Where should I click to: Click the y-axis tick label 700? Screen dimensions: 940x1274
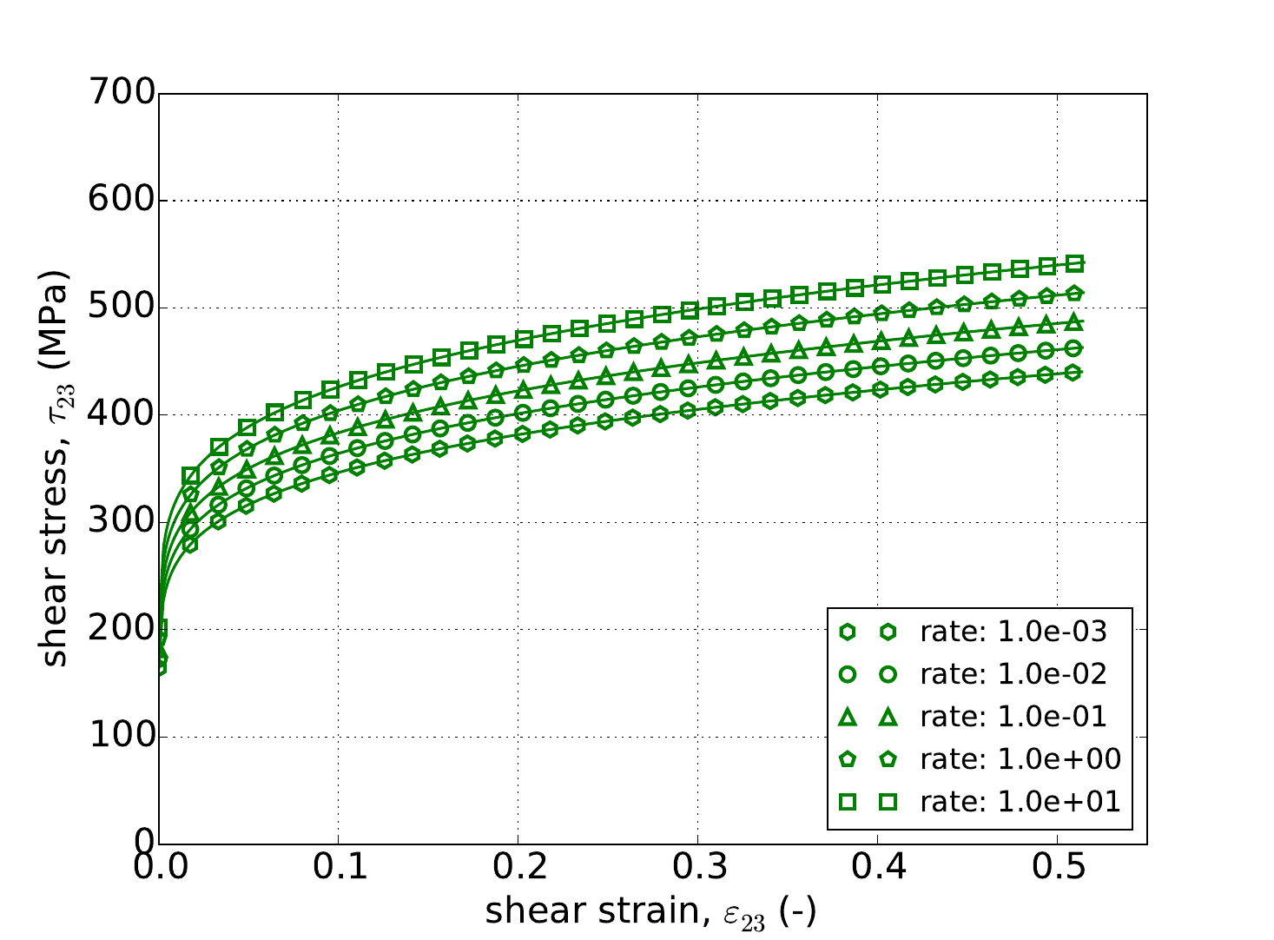tap(122, 94)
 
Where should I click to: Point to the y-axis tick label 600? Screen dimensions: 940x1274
tap(122, 201)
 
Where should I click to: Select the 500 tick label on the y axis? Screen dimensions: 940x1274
tap(122, 308)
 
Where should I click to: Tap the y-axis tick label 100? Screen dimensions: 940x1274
tap(122, 737)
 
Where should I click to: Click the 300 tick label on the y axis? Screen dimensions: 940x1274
tap(122, 522)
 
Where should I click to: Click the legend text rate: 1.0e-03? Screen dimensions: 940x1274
tap(1013, 632)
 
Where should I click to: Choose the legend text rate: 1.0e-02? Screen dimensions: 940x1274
tap(1013, 674)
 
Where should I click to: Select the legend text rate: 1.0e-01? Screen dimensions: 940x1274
tap(1013, 717)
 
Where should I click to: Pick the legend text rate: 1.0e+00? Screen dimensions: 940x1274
tap(1020, 759)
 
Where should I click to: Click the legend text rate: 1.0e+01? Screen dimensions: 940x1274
tap(1020, 801)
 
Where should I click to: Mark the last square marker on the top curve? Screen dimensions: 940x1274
tap(1075, 263)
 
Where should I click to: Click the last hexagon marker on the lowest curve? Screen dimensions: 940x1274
tap(1073, 373)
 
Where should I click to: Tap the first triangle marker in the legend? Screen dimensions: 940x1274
tap(848, 717)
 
